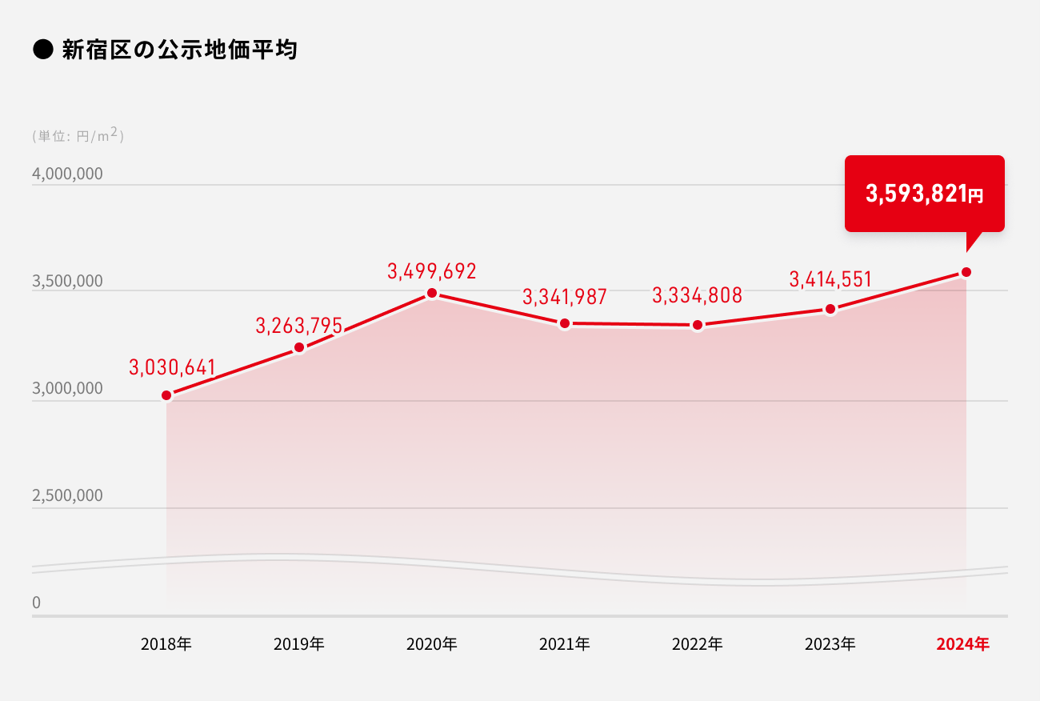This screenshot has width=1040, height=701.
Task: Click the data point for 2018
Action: tap(166, 395)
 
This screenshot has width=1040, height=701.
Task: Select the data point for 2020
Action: tap(432, 294)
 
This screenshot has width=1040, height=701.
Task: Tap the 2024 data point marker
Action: tap(966, 272)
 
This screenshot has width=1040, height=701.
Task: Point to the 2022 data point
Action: tap(698, 325)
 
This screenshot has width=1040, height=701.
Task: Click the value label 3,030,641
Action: tap(172, 367)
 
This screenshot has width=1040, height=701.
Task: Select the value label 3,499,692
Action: tap(432, 271)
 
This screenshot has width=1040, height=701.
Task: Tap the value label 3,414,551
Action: tap(830, 279)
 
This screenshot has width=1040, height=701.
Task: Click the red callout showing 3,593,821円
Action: tap(924, 194)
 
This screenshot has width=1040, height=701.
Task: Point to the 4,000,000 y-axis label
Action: tap(67, 174)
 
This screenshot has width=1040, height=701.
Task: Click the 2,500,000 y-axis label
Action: tap(67, 495)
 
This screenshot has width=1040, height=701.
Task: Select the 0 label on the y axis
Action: tap(36, 603)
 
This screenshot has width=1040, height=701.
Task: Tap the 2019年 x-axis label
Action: tap(298, 643)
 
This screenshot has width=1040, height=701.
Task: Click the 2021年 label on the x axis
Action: tap(564, 643)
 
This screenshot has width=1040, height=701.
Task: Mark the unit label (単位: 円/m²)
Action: tap(78, 136)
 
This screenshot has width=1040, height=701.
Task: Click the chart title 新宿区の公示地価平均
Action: tap(179, 50)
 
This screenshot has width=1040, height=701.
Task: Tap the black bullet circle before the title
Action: tap(42, 50)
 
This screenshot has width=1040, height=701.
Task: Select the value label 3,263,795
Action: tap(299, 326)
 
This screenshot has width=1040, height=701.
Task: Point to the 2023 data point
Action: tap(830, 309)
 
